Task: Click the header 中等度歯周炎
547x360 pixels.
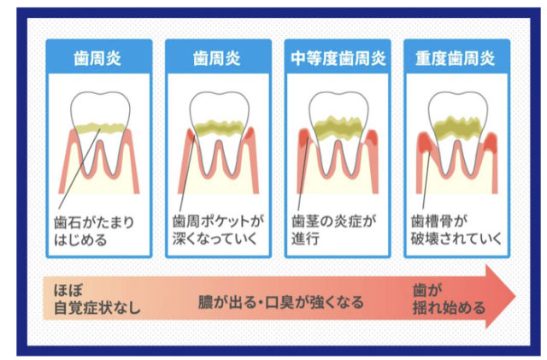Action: (338, 58)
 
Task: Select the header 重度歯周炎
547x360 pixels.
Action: (455, 58)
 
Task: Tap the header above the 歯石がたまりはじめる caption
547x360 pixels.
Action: (97, 58)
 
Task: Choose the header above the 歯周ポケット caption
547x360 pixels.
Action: (216, 58)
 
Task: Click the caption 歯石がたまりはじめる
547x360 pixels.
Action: (94, 231)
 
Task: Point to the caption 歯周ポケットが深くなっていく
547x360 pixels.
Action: (218, 230)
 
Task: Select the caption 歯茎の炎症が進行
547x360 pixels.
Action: (334, 230)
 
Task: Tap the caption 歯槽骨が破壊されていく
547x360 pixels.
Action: (456, 230)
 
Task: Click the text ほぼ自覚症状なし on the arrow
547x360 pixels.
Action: (97, 299)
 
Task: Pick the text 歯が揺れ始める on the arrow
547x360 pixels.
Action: (449, 299)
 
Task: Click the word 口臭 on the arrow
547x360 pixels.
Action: (279, 302)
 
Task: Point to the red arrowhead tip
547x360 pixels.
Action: (515, 297)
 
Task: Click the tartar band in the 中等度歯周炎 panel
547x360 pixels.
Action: (338, 127)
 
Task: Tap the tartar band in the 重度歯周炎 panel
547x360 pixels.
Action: (458, 127)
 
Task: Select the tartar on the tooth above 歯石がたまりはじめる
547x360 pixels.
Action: (100, 128)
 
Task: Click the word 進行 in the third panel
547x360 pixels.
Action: (305, 239)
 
